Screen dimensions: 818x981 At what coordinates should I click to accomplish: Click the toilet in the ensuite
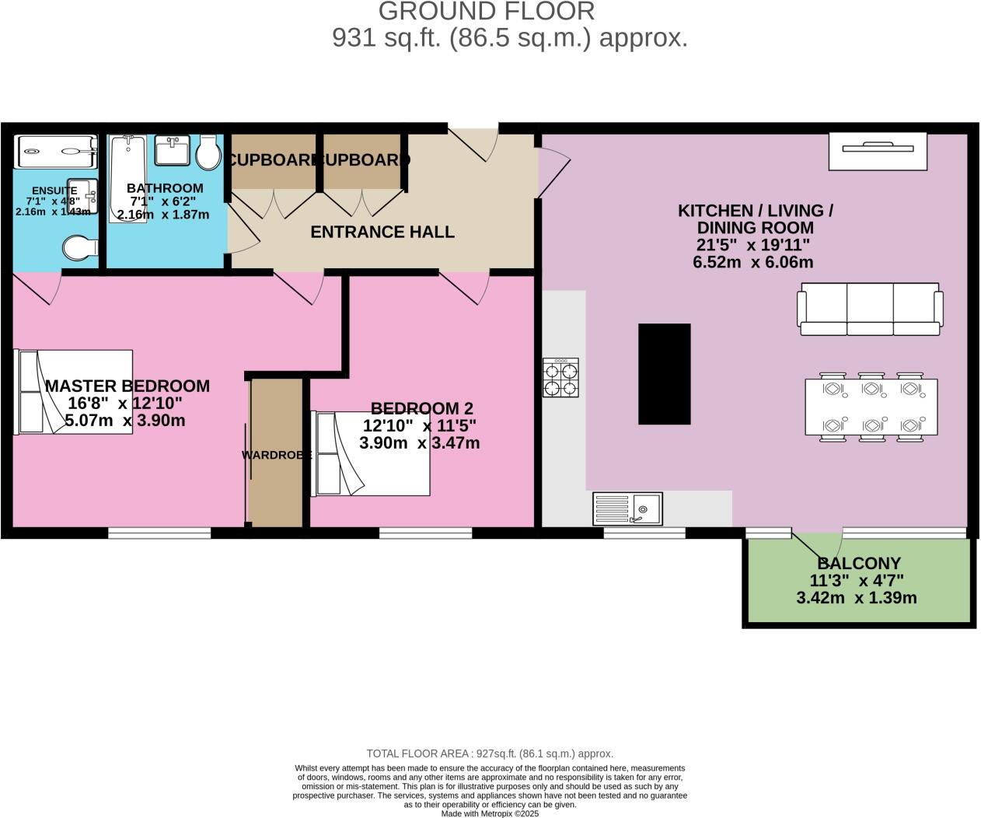click(80, 247)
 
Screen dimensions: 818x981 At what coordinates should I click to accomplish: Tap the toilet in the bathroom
click(208, 153)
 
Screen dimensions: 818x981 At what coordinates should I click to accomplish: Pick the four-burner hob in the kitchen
click(560, 378)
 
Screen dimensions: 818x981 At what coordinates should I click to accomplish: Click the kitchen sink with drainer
click(627, 509)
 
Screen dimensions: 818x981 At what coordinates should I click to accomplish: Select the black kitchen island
click(665, 374)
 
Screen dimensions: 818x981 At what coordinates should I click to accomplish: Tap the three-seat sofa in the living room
click(870, 309)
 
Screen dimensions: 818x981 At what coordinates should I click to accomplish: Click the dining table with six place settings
click(871, 407)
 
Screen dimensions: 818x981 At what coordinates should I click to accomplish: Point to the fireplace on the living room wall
click(878, 151)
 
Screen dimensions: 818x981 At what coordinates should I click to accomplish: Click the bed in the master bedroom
click(74, 392)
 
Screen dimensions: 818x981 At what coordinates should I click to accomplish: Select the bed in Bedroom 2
click(370, 453)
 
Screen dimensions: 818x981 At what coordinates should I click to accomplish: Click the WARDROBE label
click(277, 455)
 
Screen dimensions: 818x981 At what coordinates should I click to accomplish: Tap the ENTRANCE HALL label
click(382, 232)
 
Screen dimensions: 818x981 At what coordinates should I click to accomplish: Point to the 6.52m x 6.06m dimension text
click(752, 262)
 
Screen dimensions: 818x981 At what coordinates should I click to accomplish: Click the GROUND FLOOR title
click(487, 12)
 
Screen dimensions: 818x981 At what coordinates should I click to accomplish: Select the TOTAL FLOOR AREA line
click(490, 753)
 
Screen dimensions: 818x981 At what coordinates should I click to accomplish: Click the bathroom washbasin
click(173, 150)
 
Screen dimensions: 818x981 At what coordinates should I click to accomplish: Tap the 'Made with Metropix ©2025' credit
click(490, 813)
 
